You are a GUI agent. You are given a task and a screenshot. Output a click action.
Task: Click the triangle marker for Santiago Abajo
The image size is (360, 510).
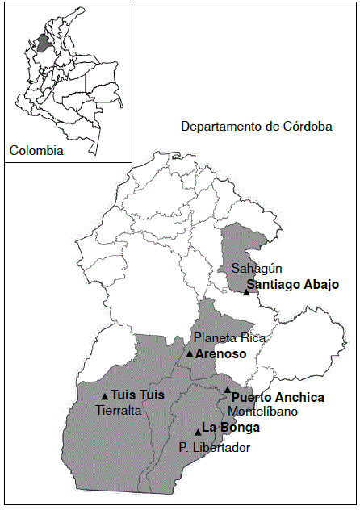246,291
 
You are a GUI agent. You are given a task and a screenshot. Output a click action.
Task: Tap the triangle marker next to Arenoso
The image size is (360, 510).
190,353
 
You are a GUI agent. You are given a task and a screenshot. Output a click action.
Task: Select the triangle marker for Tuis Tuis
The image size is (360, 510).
105,395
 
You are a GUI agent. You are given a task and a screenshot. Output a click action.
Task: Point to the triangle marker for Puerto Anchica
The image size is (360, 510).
228,390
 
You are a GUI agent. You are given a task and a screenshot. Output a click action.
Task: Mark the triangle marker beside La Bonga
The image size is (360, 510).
198,431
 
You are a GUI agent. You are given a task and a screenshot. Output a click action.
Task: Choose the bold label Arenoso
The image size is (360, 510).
220,353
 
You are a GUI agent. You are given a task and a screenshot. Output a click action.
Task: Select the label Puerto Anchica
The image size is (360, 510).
278,397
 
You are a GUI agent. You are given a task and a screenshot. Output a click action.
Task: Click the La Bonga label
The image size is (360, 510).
225,427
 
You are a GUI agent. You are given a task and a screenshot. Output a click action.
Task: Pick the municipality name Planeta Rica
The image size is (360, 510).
229,337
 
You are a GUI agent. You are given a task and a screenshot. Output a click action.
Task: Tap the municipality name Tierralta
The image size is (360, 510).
119,410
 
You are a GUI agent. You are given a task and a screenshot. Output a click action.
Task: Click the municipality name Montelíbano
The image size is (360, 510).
262,411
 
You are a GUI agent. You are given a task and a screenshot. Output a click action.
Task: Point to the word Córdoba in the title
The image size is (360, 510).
310,127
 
